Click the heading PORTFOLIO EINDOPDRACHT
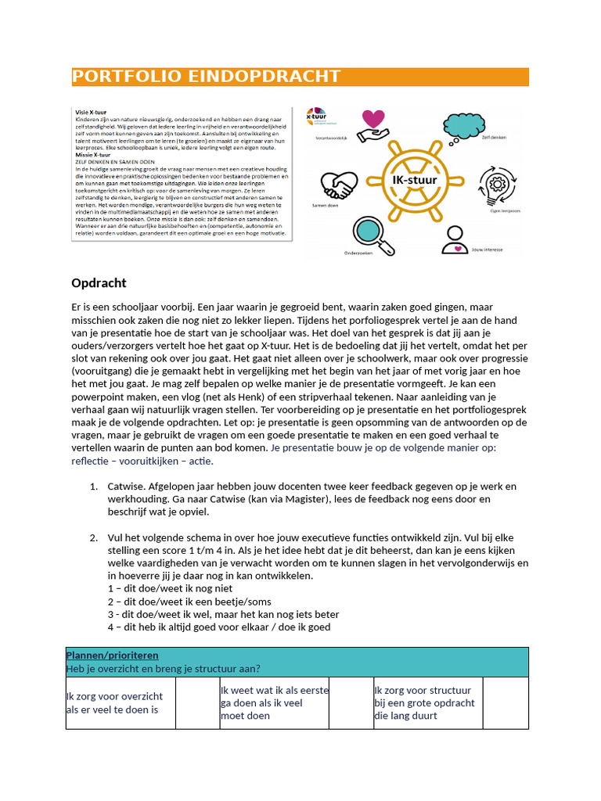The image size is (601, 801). pyautogui.click(x=207, y=77)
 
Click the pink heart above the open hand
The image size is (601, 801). pyautogui.click(x=374, y=120)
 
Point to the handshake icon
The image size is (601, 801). pyautogui.click(x=340, y=185)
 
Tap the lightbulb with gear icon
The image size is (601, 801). pyautogui.click(x=497, y=185)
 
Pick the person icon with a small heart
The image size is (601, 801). pyautogui.click(x=454, y=240)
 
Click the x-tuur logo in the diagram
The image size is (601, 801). pyautogui.click(x=317, y=116)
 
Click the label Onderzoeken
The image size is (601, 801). pyautogui.click(x=358, y=253)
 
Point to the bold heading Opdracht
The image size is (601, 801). pyautogui.click(x=99, y=283)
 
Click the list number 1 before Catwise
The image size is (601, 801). pyautogui.click(x=93, y=487)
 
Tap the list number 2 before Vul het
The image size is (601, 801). pyautogui.click(x=93, y=537)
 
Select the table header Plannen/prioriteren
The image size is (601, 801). pyautogui.click(x=112, y=655)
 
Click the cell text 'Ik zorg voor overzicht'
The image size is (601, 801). pyautogui.click(x=114, y=696)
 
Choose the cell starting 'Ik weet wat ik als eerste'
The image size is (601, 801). pyautogui.click(x=275, y=691)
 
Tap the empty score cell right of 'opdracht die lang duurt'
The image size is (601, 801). pyautogui.click(x=506, y=702)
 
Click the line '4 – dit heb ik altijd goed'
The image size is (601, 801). pyautogui.click(x=219, y=627)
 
